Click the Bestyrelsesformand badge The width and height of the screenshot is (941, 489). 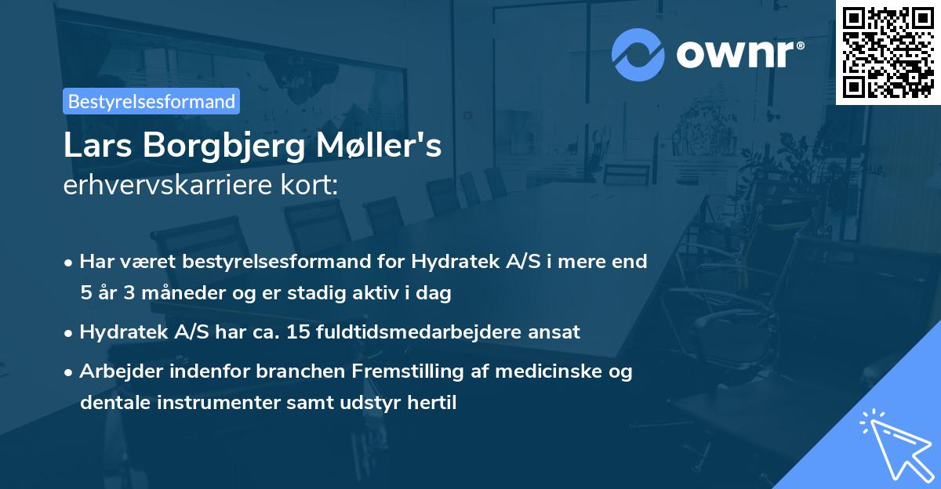click(151, 101)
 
